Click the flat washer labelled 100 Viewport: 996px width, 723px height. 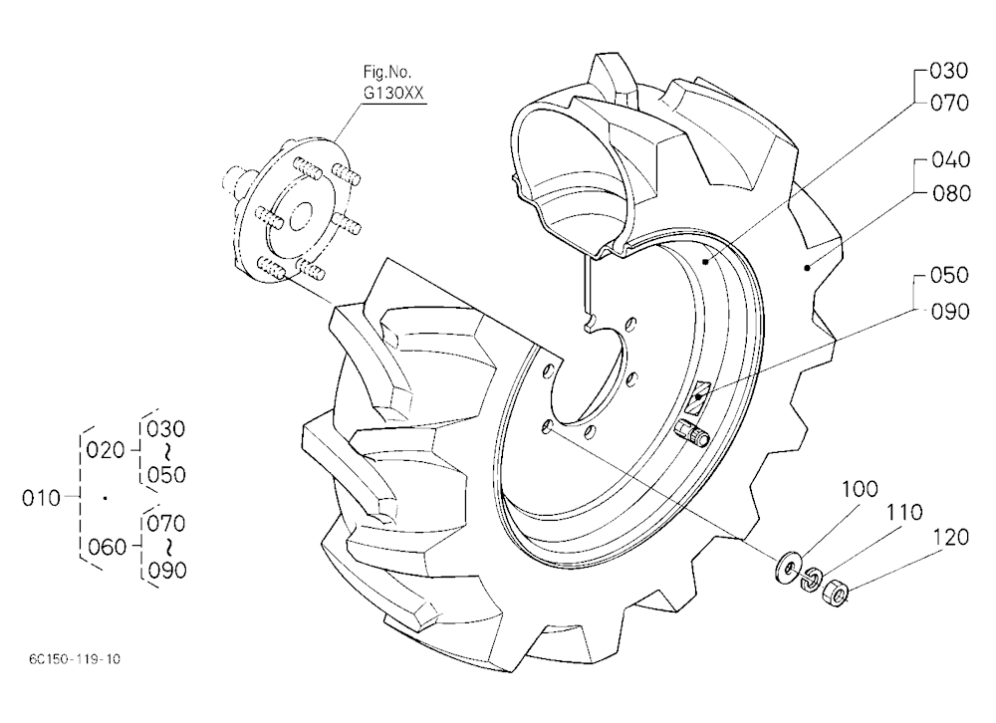click(787, 567)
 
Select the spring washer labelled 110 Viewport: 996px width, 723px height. click(811, 580)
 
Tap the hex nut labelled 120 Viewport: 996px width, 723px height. click(835, 595)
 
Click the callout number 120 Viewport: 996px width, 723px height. click(951, 538)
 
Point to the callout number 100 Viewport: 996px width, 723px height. click(861, 489)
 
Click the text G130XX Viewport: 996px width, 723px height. click(392, 94)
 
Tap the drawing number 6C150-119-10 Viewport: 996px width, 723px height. click(75, 659)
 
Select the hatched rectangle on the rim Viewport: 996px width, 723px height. click(699, 397)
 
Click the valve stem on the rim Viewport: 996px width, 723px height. click(691, 434)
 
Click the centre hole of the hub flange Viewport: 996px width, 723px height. click(300, 217)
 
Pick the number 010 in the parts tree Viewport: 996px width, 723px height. click(41, 498)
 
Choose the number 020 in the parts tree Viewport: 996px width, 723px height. click(106, 450)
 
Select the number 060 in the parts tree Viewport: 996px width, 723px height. click(107, 547)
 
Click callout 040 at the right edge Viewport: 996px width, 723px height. click(951, 159)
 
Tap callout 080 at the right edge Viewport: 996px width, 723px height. click(951, 193)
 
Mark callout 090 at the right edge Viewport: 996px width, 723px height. click(950, 312)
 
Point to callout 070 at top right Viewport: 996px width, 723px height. click(949, 103)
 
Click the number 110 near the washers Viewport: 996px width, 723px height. click(904, 512)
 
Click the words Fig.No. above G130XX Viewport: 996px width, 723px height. click(386, 71)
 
